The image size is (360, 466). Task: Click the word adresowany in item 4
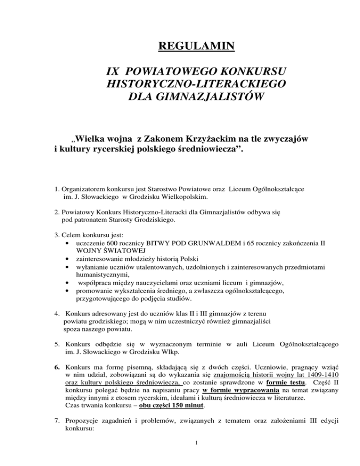click(102, 312)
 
